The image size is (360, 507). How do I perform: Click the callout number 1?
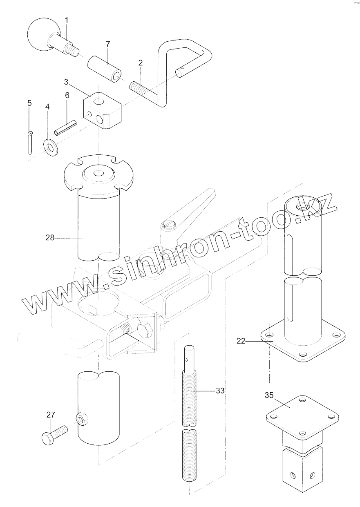point(67,20)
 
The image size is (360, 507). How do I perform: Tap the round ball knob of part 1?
point(41,35)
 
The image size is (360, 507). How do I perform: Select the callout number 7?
point(108,44)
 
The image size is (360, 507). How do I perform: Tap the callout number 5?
point(29,103)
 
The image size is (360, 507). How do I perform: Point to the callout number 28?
point(50,237)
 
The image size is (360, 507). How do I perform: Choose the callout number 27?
point(50,415)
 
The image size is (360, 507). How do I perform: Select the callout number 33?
point(220,391)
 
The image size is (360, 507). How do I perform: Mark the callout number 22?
point(241,341)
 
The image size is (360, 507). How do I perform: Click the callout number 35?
point(268,395)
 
